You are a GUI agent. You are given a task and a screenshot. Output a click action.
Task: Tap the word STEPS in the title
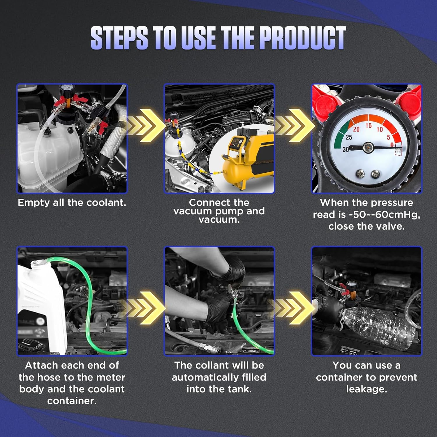[x=119, y=38]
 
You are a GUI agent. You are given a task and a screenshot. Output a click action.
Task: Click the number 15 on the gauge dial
[x=369, y=126]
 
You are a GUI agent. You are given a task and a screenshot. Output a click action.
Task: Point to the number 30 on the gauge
[x=346, y=149]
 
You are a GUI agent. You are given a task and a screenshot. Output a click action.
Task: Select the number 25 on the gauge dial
[x=349, y=137]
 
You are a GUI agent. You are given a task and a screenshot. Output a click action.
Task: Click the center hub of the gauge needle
[x=368, y=147]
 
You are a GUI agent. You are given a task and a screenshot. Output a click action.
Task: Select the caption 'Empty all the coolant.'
[x=72, y=202]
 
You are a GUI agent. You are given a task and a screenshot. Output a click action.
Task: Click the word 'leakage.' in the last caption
[x=366, y=389]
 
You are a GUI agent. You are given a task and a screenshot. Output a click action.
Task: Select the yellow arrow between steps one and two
[x=146, y=126]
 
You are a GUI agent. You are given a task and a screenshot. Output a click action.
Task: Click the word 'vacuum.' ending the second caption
[x=219, y=220]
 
